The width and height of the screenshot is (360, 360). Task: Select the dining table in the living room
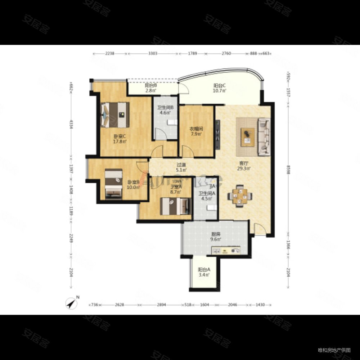[239, 195]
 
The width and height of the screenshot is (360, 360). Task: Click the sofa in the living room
[264, 137]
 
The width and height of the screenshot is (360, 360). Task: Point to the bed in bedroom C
[115, 115]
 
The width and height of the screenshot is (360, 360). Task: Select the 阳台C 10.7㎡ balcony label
[220, 88]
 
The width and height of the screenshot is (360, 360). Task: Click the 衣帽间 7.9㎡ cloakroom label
[197, 131]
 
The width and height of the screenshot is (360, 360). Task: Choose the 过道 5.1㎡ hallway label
[181, 166]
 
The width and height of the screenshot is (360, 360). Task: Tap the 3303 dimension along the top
[153, 54]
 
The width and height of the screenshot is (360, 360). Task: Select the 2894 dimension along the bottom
[161, 305]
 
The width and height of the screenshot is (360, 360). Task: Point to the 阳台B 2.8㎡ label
[151, 88]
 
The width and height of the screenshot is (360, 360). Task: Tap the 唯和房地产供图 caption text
[334, 350]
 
